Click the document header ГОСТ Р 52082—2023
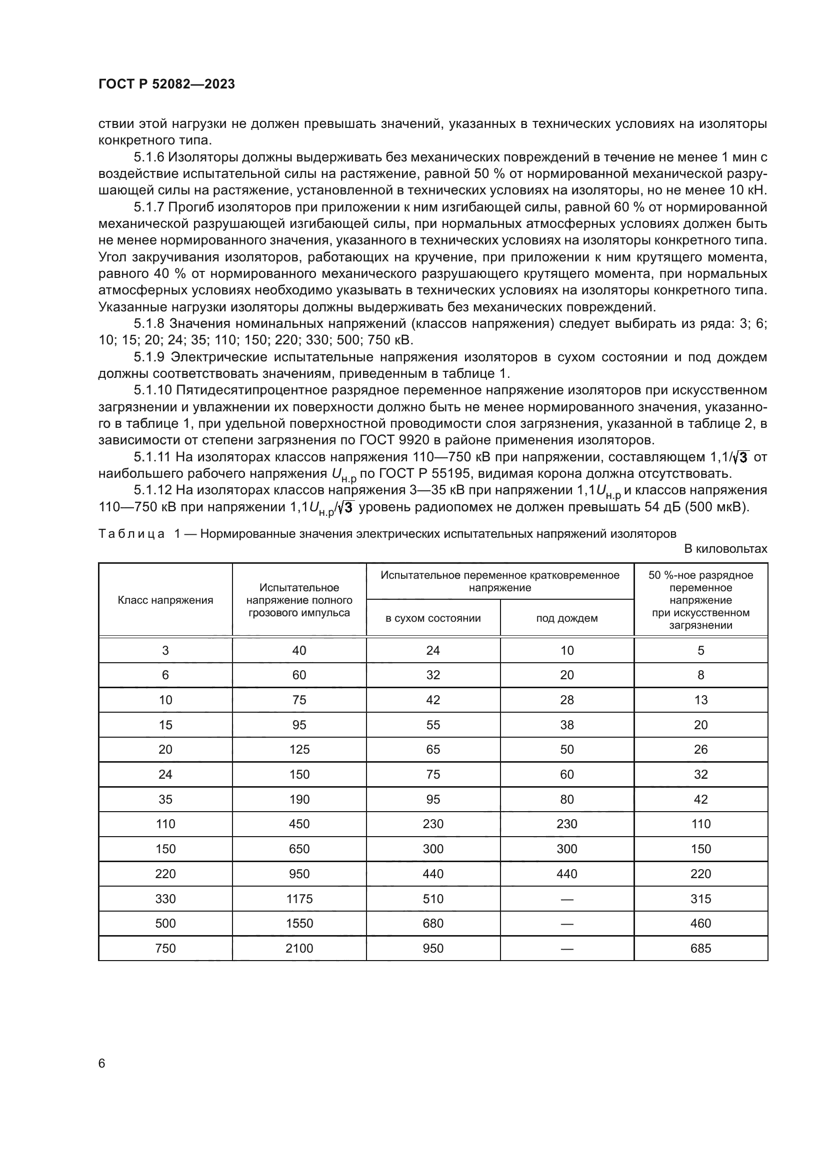pyautogui.click(x=166, y=84)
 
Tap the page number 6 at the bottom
pyautogui.click(x=102, y=1063)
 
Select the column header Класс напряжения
pyautogui.click(x=165, y=600)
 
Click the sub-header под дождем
pyautogui.click(x=567, y=618)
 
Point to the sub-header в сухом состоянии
pyautogui.click(x=433, y=618)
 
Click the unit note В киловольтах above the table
pyautogui.click(x=725, y=549)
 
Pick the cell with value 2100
pyautogui.click(x=299, y=948)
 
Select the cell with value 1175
pyautogui.click(x=299, y=899)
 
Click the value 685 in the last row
pyautogui.click(x=700, y=948)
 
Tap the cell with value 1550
pyautogui.click(x=299, y=923)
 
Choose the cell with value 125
pyautogui.click(x=299, y=749)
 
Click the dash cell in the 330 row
pyautogui.click(x=567, y=899)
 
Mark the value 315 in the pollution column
pyautogui.click(x=700, y=899)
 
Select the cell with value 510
pyautogui.click(x=433, y=899)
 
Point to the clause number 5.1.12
pyautogui.click(x=153, y=490)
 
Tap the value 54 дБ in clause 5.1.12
pyautogui.click(x=661, y=508)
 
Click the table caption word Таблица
pyautogui.click(x=131, y=534)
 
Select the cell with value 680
pyautogui.click(x=433, y=923)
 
